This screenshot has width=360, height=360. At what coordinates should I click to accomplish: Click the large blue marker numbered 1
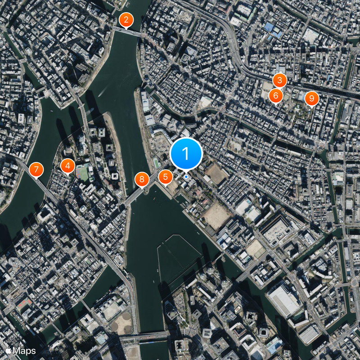pos(186,154)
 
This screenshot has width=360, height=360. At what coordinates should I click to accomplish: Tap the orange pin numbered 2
pos(126,20)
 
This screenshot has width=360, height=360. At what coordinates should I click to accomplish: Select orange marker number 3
pos(279,81)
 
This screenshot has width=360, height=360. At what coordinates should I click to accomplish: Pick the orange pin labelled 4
pos(67,166)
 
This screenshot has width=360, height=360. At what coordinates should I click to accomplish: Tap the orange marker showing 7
pos(36,170)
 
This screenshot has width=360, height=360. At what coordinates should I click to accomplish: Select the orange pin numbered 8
pos(142,180)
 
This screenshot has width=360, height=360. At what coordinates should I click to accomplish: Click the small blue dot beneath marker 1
pos(186,177)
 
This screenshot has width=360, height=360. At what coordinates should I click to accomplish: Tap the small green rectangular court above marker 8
pos(156,162)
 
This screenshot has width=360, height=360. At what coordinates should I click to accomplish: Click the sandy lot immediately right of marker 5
pos(173,186)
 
